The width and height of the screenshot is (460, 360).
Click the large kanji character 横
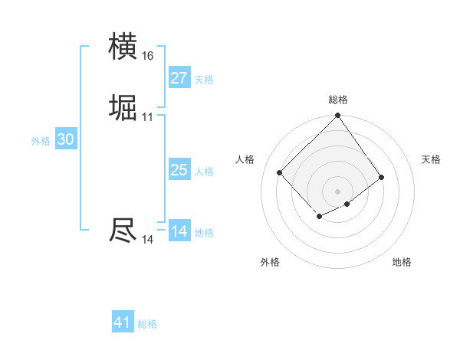pyautogui.click(x=123, y=47)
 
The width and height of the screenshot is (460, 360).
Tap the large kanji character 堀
pyautogui.click(x=123, y=108)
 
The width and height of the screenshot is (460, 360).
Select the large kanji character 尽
pyautogui.click(x=123, y=231)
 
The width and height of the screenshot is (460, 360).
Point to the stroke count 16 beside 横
pyautogui.click(x=147, y=56)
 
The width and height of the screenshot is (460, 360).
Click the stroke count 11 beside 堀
pyautogui.click(x=147, y=117)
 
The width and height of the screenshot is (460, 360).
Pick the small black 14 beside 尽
pyautogui.click(x=147, y=240)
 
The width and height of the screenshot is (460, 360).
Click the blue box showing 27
pyautogui.click(x=179, y=78)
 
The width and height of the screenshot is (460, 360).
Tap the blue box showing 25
pyautogui.click(x=179, y=170)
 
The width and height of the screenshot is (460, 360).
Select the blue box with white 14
pyautogui.click(x=179, y=231)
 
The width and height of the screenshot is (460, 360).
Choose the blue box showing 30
pyautogui.click(x=66, y=139)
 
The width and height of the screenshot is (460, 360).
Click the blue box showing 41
pyautogui.click(x=123, y=322)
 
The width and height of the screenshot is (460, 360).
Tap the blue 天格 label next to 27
pyautogui.click(x=204, y=80)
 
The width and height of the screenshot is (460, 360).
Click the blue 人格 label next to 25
pyautogui.click(x=204, y=172)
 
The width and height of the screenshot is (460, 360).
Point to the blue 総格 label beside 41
pyautogui.click(x=147, y=324)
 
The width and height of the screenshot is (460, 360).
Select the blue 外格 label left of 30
pyautogui.click(x=41, y=141)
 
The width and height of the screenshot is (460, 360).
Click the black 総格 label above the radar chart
pyautogui.click(x=338, y=100)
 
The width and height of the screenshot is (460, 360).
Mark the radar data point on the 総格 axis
pyautogui.click(x=338, y=117)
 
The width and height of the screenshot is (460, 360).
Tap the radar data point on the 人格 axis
pyautogui.click(x=280, y=172)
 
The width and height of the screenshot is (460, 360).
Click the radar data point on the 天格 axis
pyautogui.click(x=381, y=178)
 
